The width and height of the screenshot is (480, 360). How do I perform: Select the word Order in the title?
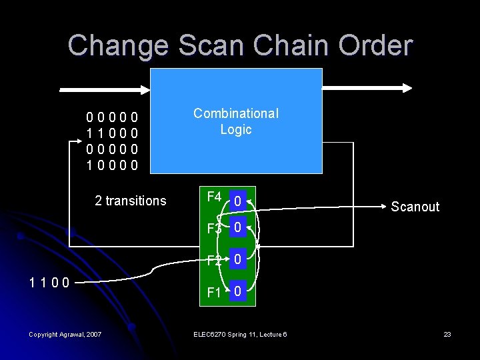(379, 45)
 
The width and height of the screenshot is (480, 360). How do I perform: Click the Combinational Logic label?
(236, 121)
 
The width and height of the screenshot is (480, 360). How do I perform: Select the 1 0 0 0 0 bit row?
(113, 164)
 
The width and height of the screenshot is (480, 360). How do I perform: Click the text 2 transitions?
(131, 201)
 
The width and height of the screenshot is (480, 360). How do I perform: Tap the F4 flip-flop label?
(215, 197)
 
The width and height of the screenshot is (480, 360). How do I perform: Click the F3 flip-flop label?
(215, 228)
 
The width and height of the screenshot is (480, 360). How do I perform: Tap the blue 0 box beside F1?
(238, 292)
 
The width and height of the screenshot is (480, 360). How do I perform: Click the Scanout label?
(415, 207)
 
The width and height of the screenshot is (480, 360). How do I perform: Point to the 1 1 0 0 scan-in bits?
(49, 282)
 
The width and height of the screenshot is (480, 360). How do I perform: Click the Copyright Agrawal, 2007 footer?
(65, 334)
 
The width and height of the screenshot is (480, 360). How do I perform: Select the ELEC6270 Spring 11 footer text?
(240, 334)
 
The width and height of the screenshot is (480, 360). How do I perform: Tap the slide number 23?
(447, 334)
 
